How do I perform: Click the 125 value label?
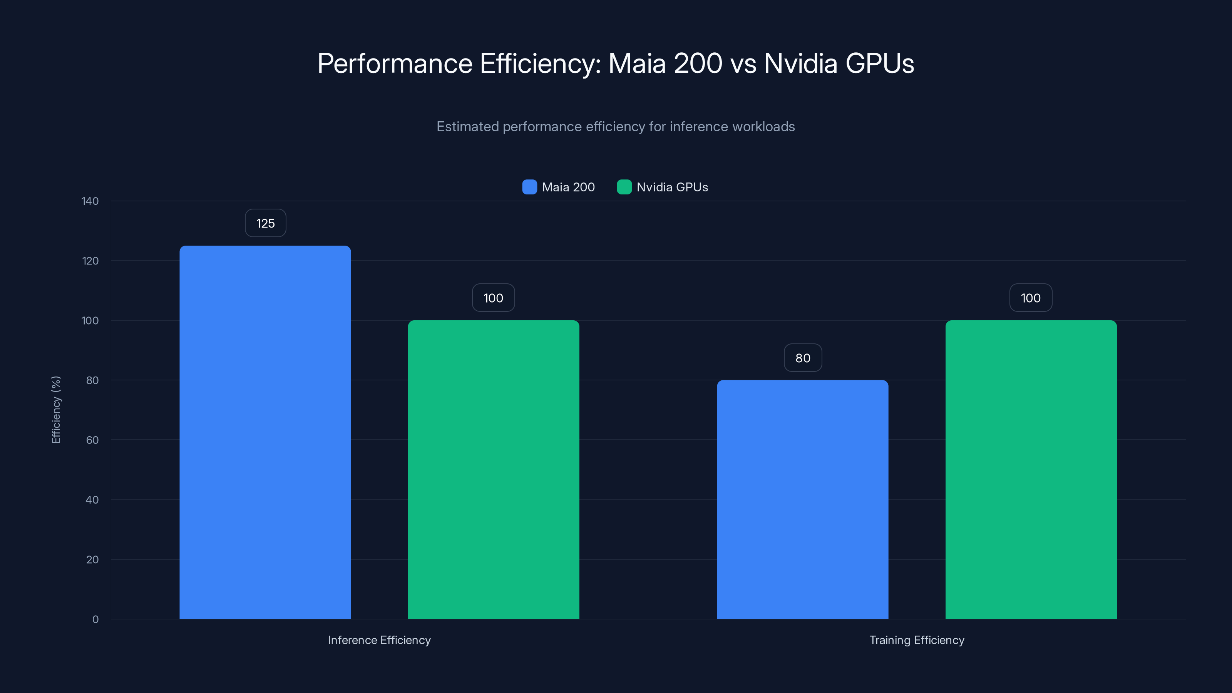[265, 223]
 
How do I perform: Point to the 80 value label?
[802, 358]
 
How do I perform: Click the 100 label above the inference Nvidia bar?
[493, 298]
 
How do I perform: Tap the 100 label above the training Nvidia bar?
[1031, 298]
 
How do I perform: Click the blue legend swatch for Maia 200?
[529, 187]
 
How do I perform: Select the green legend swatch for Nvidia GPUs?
[624, 187]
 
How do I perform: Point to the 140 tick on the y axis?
[90, 201]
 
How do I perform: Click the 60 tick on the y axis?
[92, 440]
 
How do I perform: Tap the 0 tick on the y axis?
[95, 619]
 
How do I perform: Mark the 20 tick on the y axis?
[92, 559]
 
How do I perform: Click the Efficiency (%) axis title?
[56, 410]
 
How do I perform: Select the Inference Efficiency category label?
[379, 640]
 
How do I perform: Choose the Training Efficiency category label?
[916, 640]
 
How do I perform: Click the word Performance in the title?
[395, 64]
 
